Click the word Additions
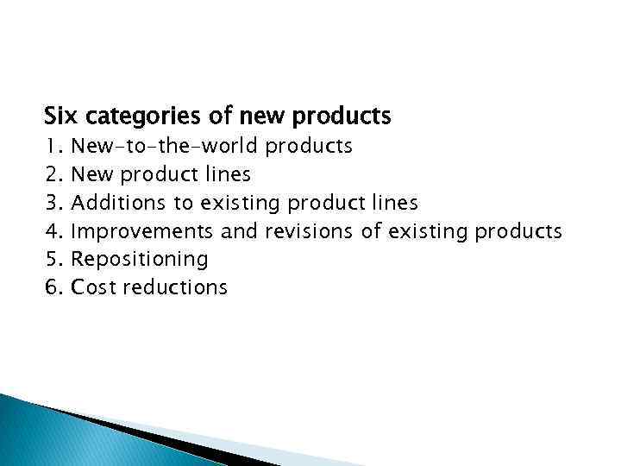coord(118,203)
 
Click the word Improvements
coord(142,231)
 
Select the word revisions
coord(309,231)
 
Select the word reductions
coord(175,287)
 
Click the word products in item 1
coord(309,146)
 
